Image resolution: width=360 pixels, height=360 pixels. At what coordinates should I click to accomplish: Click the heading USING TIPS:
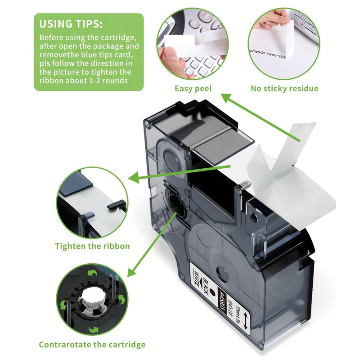(x=71, y=23)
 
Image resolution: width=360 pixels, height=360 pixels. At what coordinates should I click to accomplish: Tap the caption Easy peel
(x=193, y=88)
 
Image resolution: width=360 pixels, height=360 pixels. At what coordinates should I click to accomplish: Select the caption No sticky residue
(x=284, y=88)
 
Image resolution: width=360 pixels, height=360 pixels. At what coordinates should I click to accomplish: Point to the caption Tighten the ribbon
(x=92, y=246)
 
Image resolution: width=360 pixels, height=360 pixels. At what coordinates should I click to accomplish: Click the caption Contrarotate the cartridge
(x=92, y=345)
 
